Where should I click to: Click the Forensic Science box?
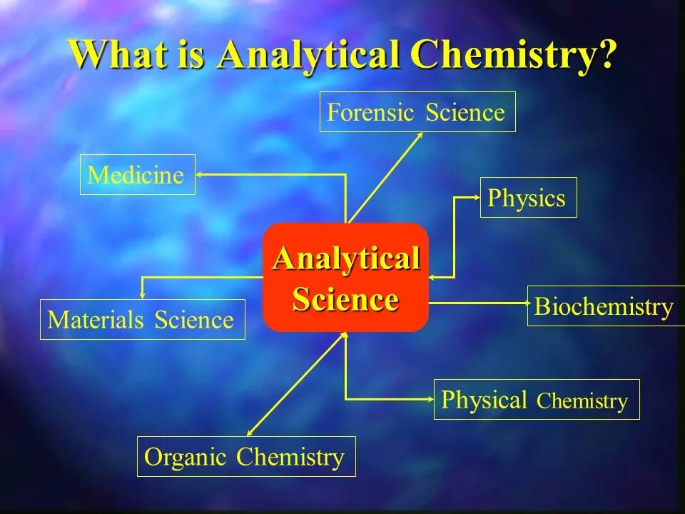tap(417, 112)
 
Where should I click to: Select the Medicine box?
tap(137, 174)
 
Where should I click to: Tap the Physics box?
tap(528, 198)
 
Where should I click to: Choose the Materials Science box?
tap(142, 319)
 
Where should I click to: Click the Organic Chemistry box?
tap(246, 456)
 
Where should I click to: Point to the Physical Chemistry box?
tap(537, 399)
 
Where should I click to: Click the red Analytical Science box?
tap(345, 278)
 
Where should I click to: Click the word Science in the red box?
tap(345, 298)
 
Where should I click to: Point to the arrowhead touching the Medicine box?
tap(201, 173)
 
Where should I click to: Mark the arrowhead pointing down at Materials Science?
tap(143, 294)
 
